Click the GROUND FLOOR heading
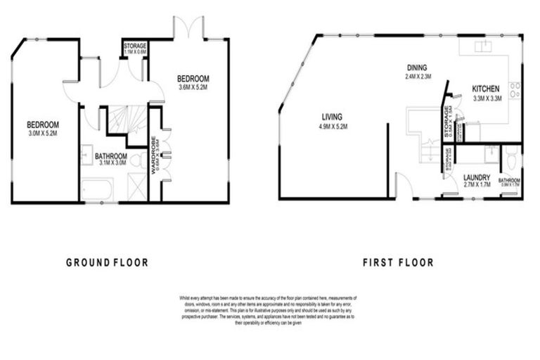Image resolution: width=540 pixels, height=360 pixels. tap(107, 263)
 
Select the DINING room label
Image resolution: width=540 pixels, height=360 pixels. tap(417, 67)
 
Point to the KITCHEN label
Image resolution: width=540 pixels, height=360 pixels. tap(485, 89)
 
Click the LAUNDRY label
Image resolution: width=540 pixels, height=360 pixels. tap(476, 178)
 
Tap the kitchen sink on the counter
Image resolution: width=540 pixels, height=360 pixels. tap(484, 46)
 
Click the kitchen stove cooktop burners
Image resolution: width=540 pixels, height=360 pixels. tap(515, 89)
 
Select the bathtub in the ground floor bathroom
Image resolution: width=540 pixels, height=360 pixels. tap(97, 189)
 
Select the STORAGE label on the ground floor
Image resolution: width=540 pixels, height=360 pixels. tap(135, 46)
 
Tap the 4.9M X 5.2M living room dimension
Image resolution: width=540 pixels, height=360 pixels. tap(333, 127)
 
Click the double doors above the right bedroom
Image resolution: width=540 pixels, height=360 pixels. tap(190, 28)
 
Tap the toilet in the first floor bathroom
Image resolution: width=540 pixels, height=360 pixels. tap(510, 161)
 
